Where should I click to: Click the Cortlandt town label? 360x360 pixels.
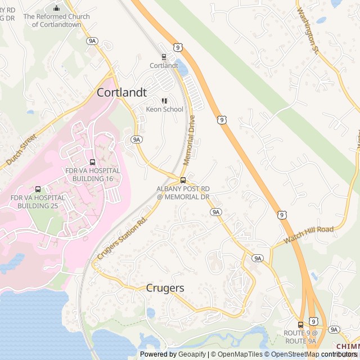tap(121, 93)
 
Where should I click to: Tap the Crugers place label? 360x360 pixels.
tap(165, 288)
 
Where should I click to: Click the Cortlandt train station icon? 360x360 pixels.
tap(164, 56)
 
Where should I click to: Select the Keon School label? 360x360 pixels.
tap(165, 109)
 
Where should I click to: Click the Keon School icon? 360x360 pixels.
tap(164, 101)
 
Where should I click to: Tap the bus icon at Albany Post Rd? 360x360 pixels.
tap(183, 180)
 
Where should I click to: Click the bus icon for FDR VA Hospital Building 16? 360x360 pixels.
tap(92, 162)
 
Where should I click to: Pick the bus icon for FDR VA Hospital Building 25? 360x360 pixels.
tap(38, 190)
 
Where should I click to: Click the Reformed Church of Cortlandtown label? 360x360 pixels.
tap(56, 20)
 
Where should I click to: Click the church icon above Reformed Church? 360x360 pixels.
tap(56, 8)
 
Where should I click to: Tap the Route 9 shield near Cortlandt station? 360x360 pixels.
tap(177, 48)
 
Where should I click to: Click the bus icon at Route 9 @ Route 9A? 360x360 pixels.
tap(300, 325)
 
